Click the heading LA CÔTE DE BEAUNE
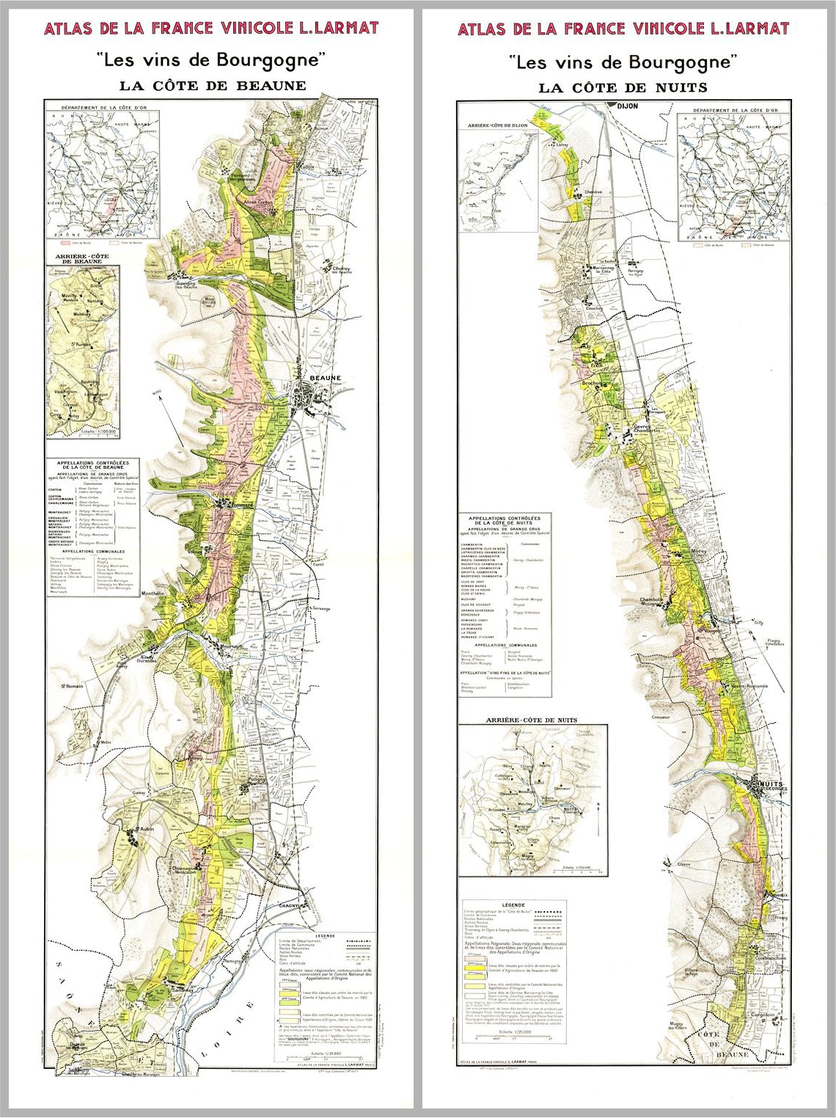(x=213, y=85)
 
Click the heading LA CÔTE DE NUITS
(x=623, y=87)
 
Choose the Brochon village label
(x=592, y=383)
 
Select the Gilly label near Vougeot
(x=758, y=622)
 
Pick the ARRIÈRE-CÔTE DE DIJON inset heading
(x=498, y=126)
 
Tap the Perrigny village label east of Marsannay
(x=631, y=273)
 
